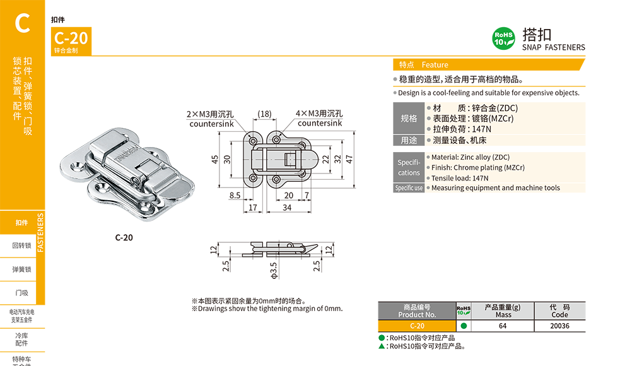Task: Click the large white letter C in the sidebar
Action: (x=23, y=23)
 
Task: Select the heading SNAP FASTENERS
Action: (x=553, y=47)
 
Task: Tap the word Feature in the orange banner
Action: (x=435, y=65)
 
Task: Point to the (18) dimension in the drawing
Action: (x=264, y=114)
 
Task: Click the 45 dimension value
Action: (x=214, y=159)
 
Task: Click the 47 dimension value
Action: (x=349, y=159)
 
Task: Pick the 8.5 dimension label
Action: (x=235, y=196)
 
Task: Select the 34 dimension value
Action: (x=287, y=207)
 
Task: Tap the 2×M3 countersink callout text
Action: (x=211, y=119)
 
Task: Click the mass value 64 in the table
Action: (x=503, y=326)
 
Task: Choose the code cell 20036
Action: (x=559, y=326)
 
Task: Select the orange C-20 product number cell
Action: (x=417, y=326)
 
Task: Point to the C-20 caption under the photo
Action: (x=124, y=238)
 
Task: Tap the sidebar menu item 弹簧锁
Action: (x=22, y=269)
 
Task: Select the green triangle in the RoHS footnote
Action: (x=382, y=346)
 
